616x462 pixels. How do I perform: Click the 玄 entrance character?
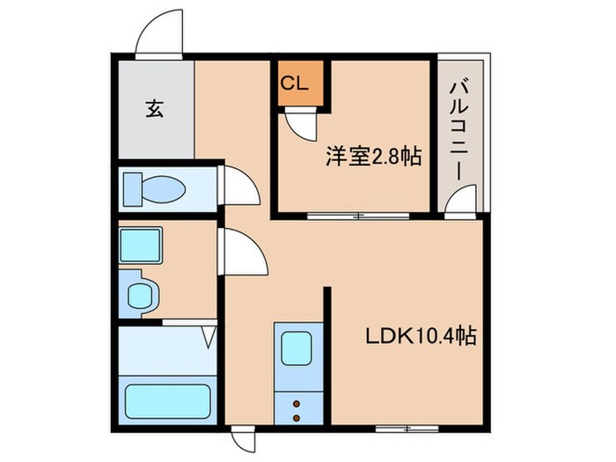154,109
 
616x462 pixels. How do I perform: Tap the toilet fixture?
154,187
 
